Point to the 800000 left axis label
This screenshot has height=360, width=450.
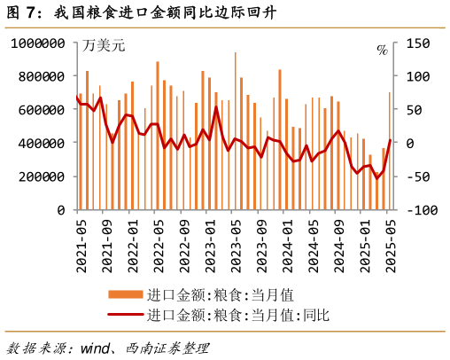(x=40, y=76)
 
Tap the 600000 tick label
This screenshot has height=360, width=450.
(x=40, y=110)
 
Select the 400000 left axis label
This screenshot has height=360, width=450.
(x=40, y=143)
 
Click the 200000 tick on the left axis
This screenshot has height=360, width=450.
(x=40, y=176)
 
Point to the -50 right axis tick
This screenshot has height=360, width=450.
(x=418, y=176)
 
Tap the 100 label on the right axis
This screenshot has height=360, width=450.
(x=418, y=76)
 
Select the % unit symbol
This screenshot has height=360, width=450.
(x=382, y=50)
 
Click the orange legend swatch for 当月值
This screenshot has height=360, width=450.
(x=125, y=294)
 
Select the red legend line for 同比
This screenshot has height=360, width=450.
(x=125, y=314)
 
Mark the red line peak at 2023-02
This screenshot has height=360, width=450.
(x=216, y=107)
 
